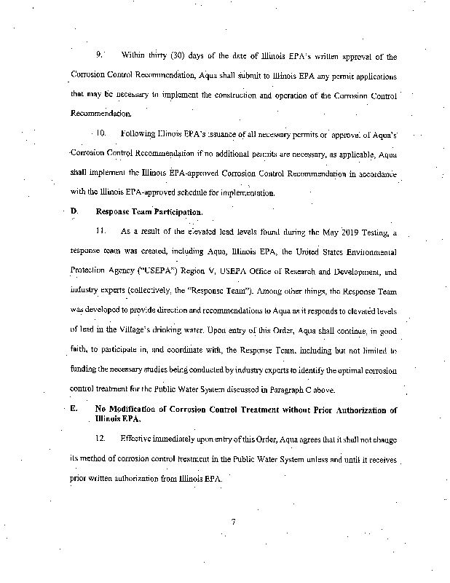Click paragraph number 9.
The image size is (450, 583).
(x=100, y=55)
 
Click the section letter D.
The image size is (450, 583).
(x=74, y=211)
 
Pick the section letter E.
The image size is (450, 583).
(x=74, y=410)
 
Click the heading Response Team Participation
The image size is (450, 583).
(x=149, y=211)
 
